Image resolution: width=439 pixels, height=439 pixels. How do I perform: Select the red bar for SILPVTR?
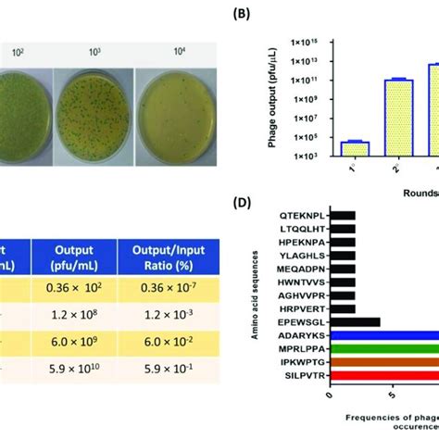coord(383,378)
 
